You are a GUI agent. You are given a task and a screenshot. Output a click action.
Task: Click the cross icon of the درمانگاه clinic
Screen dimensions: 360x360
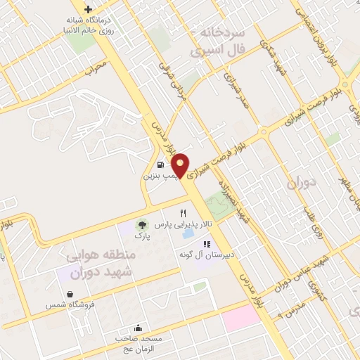(x=88, y=10)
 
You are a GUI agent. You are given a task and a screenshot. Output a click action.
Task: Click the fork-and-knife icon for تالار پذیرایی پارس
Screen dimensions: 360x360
(x=184, y=212)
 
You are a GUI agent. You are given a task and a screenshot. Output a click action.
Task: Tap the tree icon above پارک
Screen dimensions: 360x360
(x=142, y=225)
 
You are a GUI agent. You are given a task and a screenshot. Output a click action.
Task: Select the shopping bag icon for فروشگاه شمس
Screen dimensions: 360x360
(x=70, y=294)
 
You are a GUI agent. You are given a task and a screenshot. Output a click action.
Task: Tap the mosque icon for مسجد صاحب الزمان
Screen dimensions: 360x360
(x=138, y=327)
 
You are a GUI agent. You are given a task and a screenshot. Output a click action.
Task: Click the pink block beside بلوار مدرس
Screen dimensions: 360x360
(x=240, y=320)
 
